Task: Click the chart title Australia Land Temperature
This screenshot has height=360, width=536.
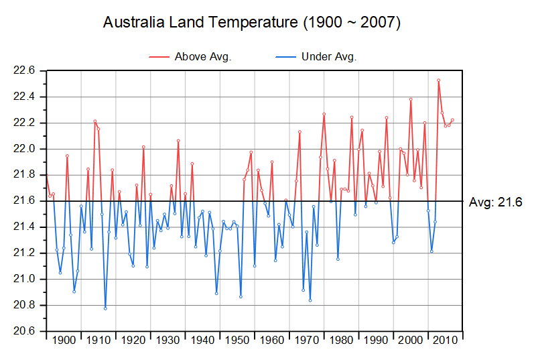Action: tap(252, 23)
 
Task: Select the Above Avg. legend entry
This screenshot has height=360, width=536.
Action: tap(202, 56)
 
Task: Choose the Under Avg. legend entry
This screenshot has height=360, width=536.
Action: tap(329, 56)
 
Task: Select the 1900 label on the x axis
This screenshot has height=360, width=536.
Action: tap(64, 341)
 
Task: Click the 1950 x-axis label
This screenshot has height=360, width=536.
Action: tap(237, 341)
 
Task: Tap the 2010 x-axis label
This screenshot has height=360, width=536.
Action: tap(445, 341)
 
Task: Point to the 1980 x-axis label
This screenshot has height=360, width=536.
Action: tap(341, 341)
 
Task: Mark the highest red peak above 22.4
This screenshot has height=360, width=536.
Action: tap(439, 80)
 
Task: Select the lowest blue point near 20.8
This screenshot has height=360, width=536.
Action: tap(105, 308)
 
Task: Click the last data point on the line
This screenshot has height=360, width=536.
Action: tap(453, 120)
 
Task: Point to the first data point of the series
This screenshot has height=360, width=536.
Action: tap(46, 174)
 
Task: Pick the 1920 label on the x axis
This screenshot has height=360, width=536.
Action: tap(133, 341)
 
